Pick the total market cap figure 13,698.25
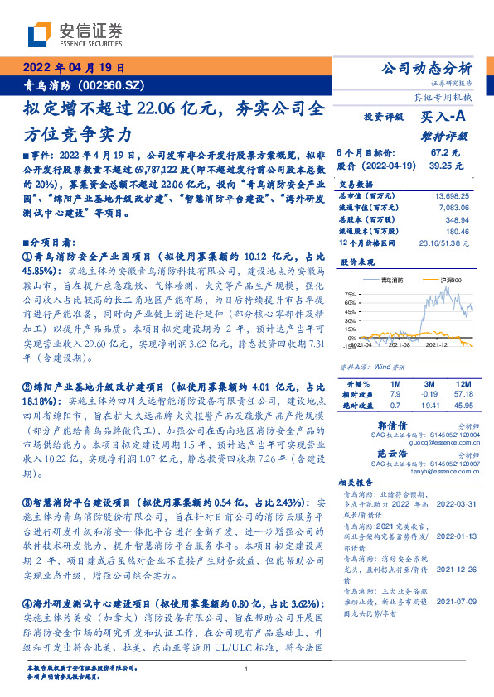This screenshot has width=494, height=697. coord(452,195)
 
